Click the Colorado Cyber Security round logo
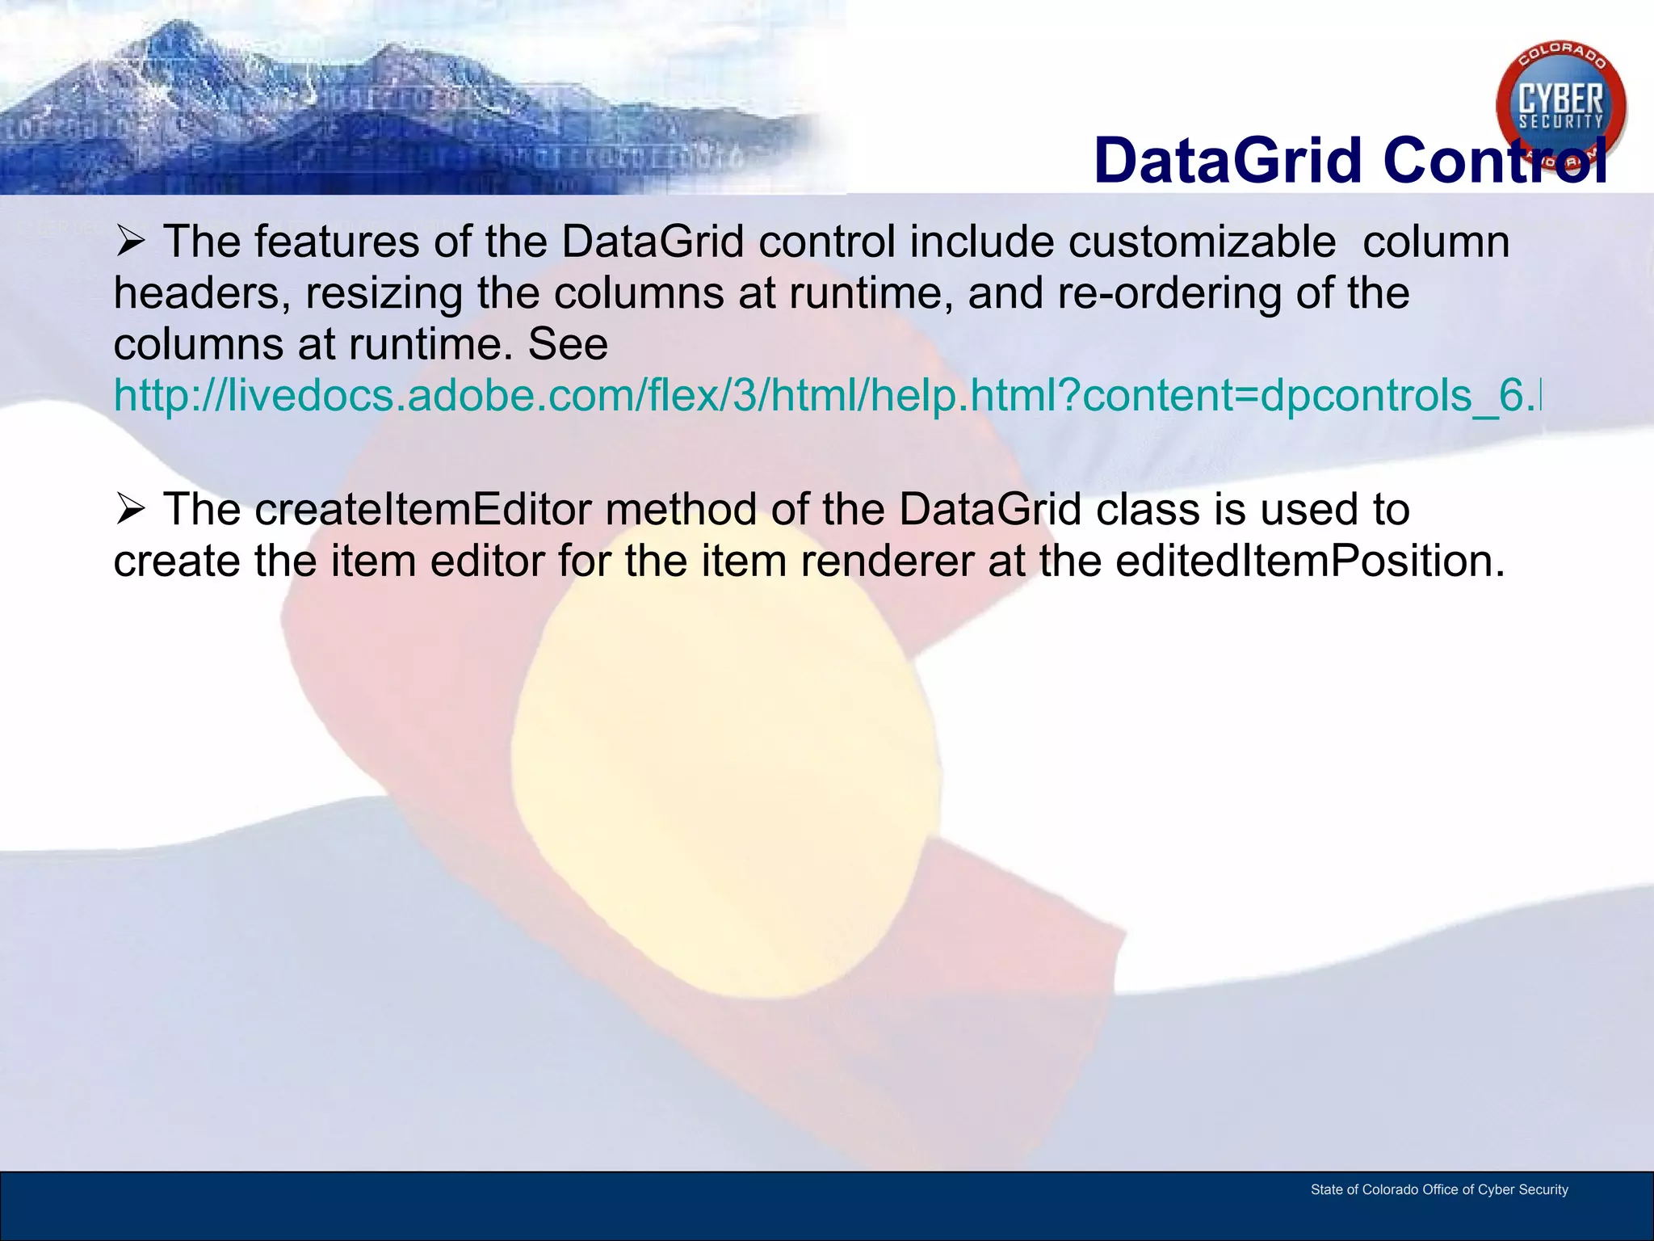(1560, 105)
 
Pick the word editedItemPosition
(1308, 562)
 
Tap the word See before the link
(568, 345)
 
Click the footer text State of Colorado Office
(1438, 1189)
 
